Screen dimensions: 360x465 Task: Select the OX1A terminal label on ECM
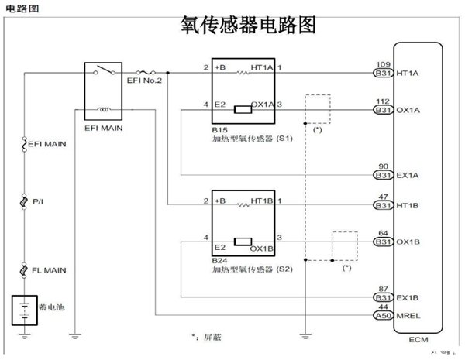pos(408,111)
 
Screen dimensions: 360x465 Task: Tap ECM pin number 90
pos(381,166)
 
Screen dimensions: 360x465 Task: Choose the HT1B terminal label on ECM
pos(408,205)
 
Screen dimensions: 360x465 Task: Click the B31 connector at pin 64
pos(381,242)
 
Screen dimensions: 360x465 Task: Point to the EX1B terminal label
pos(408,298)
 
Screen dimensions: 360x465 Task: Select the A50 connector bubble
pos(381,317)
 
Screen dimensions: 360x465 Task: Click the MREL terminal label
pos(408,317)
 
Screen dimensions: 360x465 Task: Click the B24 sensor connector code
pos(219,262)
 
